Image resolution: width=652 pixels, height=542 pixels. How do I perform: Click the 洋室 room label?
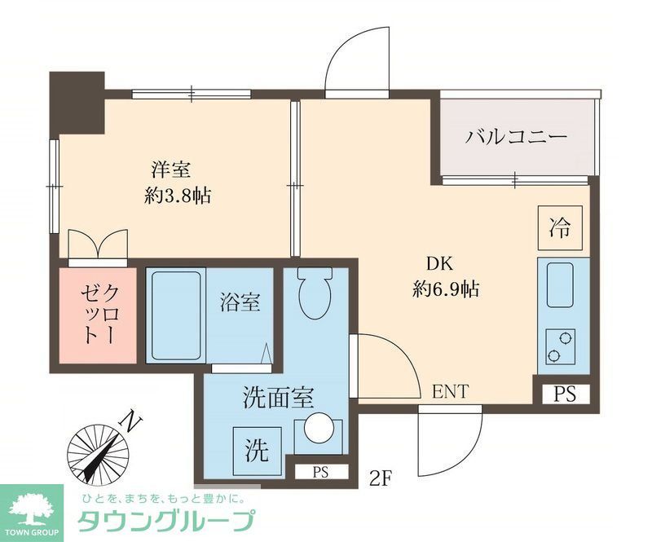pos(171,170)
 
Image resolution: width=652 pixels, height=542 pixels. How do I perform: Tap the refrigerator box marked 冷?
pos(560,226)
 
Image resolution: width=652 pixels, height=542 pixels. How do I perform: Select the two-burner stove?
pos(560,346)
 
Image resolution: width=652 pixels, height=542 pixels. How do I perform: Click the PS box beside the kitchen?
pos(565,394)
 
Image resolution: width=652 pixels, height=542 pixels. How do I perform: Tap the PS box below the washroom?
pos(319,471)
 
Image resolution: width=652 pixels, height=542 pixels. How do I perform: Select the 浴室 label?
pos(240,303)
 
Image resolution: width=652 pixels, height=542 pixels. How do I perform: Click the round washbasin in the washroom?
pos(316,429)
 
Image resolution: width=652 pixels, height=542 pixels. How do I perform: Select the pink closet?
pos(96,315)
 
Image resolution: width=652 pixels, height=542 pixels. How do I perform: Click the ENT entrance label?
pos(450,392)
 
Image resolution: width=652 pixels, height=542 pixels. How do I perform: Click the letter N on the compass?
pos(129,422)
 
